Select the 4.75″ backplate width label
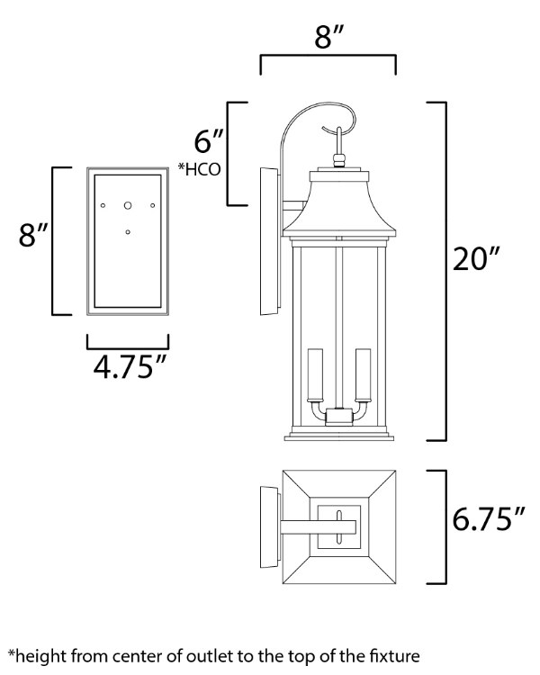pos(128,369)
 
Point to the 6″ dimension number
pos(207,142)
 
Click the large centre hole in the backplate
pos(128,205)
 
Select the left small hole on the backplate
pos(103,206)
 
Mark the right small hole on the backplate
pos(153,206)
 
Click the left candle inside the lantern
pos(314,376)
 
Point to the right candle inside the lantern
pos(364,376)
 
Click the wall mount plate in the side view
pos(268,241)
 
